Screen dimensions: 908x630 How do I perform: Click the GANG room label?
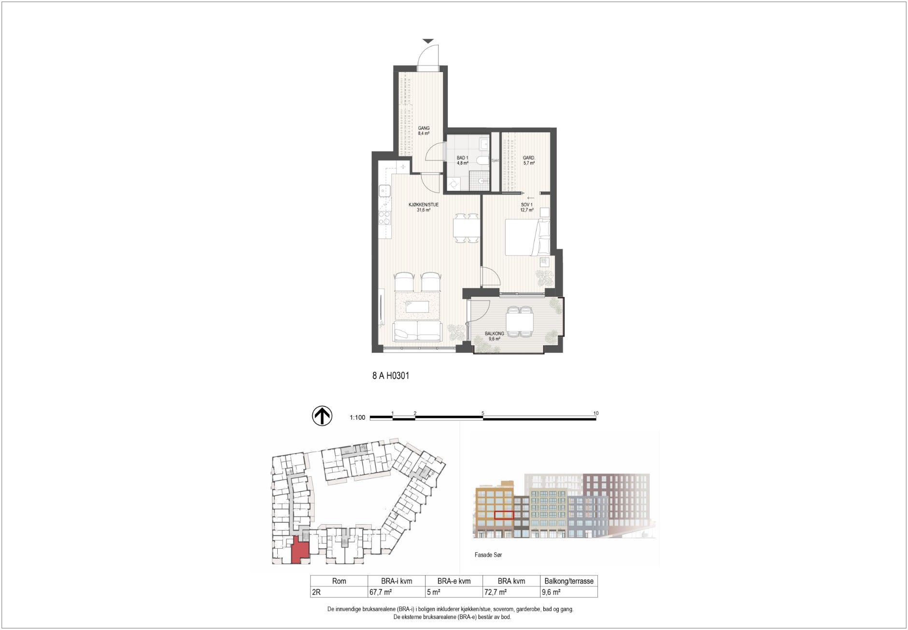tap(424, 128)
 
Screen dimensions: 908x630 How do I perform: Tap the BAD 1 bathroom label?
tap(462, 158)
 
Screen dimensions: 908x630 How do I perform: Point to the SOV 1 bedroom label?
tap(526, 205)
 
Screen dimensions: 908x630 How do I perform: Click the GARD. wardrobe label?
tap(529, 158)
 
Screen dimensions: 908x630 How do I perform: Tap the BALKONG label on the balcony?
tap(494, 334)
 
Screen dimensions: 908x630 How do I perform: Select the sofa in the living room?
tap(417, 331)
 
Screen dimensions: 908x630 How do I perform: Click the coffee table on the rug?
tap(417, 306)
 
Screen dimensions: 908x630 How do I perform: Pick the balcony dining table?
tap(519, 321)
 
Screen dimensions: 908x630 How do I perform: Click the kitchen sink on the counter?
tap(384, 191)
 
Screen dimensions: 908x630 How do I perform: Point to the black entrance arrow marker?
tap(428, 41)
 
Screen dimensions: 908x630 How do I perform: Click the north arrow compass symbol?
tap(322, 415)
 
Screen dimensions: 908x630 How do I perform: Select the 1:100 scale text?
tap(357, 417)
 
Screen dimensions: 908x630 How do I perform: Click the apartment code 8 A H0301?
tap(391, 375)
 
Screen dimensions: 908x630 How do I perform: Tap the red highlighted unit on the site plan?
tap(300, 551)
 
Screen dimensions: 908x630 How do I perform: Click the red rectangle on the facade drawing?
tap(504, 515)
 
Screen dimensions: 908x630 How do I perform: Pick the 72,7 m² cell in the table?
tap(495, 592)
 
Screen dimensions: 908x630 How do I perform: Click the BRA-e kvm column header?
tap(454, 581)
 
